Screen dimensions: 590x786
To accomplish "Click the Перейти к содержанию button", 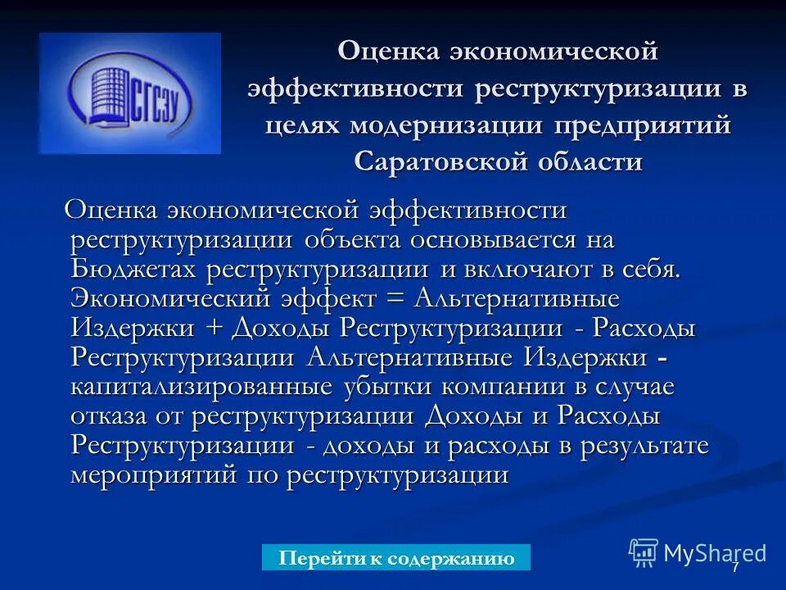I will coord(396,558).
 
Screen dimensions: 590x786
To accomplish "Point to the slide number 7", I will coord(734,567).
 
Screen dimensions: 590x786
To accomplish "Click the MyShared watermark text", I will coord(714,553).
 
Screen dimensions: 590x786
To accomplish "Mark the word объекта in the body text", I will coord(353,239).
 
